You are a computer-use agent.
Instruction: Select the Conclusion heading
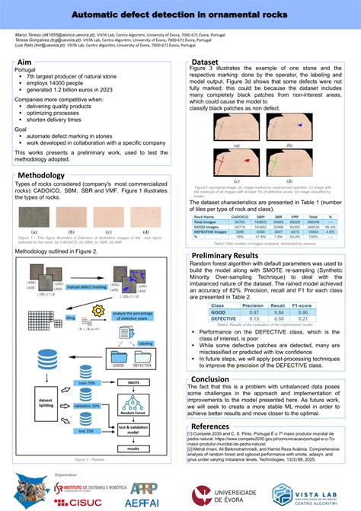(x=209, y=378)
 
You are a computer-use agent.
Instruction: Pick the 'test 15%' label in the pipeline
(x=85, y=430)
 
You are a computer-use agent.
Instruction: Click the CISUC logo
(x=85, y=501)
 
